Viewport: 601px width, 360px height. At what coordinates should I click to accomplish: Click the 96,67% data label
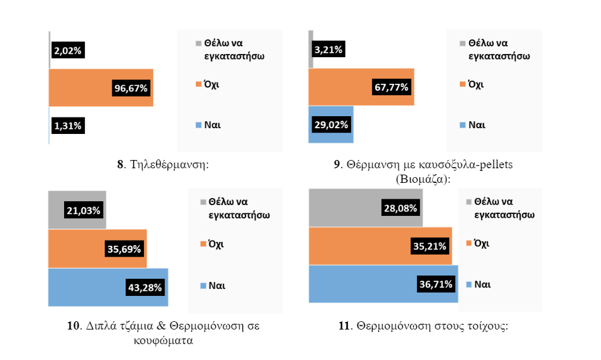click(131, 88)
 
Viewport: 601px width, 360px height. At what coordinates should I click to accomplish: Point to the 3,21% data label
click(329, 50)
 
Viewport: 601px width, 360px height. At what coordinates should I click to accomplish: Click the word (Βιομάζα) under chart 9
click(421, 178)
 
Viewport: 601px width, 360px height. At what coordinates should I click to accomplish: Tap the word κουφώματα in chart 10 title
click(164, 340)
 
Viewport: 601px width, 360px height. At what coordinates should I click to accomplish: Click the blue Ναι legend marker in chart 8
click(198, 124)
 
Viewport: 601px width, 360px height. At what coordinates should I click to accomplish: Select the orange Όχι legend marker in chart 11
click(469, 243)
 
